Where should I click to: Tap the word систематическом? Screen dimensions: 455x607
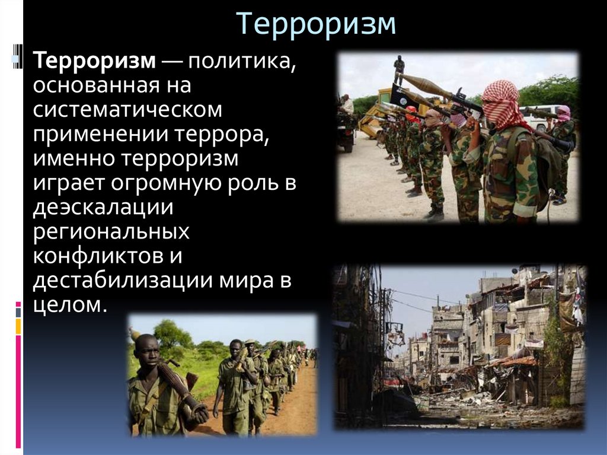click(127, 110)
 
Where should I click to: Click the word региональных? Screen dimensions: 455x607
click(111, 231)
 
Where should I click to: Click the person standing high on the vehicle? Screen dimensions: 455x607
click(399, 68)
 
